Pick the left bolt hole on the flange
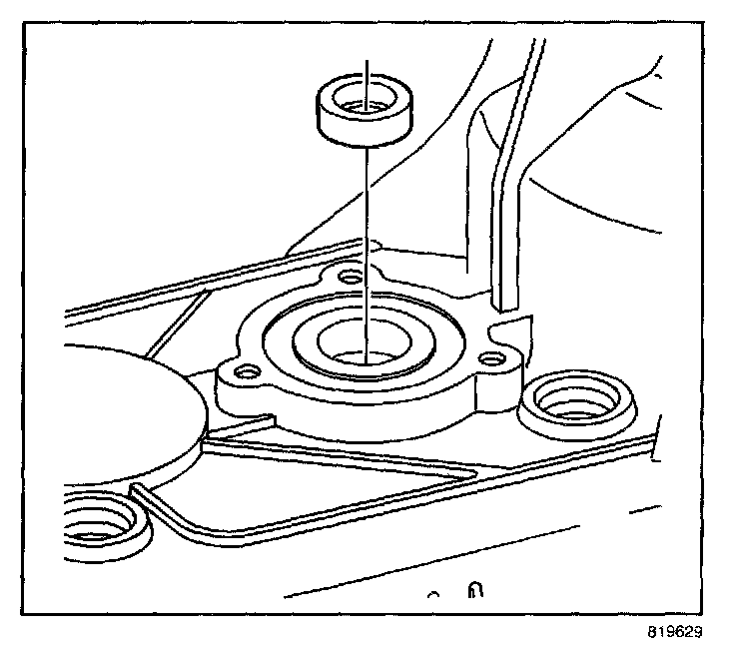point(241,372)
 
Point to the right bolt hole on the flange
point(489,358)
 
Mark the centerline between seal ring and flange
point(367,230)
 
